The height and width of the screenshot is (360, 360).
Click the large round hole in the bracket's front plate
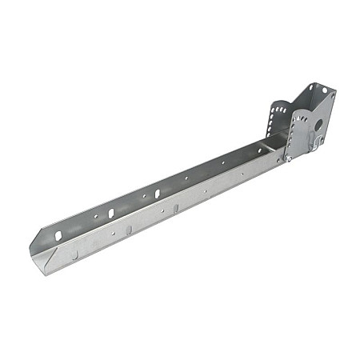pos(318,125)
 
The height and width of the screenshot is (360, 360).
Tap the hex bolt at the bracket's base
pos(287,158)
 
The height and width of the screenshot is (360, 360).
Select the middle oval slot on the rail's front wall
pos(128,230)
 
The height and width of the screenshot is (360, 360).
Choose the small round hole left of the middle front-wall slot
pos(113,233)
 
